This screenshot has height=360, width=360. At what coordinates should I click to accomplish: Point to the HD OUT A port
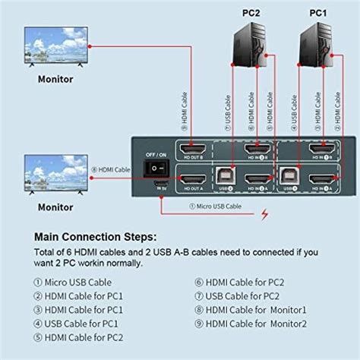(x=191, y=181)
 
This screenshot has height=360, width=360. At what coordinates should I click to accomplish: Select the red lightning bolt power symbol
(x=265, y=214)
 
